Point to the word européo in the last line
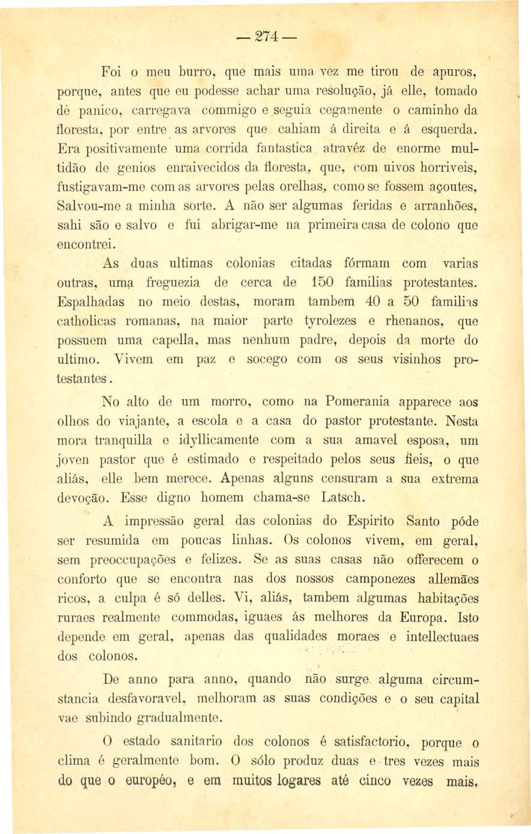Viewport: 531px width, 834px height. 147,781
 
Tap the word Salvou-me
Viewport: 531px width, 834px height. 87,205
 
